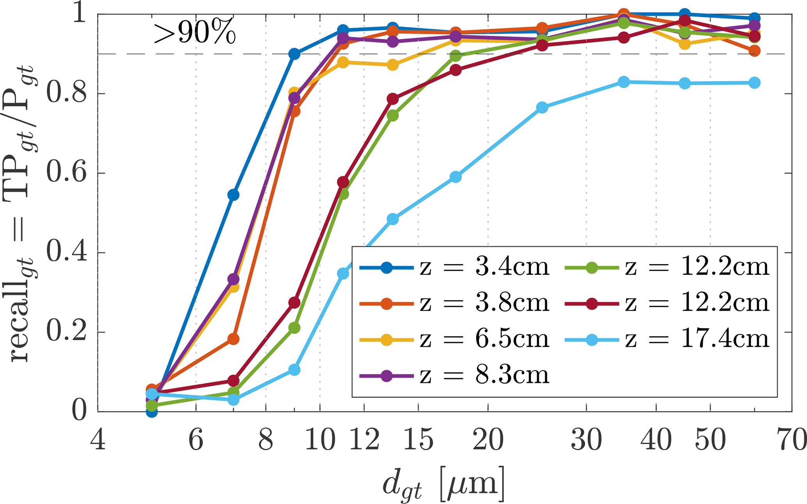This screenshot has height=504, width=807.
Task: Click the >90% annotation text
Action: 194,34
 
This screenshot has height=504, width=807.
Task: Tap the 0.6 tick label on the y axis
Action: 66,173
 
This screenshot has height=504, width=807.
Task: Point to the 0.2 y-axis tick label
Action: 66,332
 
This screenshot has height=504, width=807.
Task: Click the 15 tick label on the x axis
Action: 418,440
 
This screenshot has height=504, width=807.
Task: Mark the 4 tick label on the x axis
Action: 98,440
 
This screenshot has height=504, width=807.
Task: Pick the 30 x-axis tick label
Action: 586,440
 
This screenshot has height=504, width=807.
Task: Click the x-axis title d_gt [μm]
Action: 444,484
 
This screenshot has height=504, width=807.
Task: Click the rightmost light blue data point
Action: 754,83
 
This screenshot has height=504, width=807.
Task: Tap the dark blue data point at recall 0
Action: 152,412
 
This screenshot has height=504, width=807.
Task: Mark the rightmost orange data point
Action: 754,51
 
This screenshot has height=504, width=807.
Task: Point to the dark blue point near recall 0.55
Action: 233,195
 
